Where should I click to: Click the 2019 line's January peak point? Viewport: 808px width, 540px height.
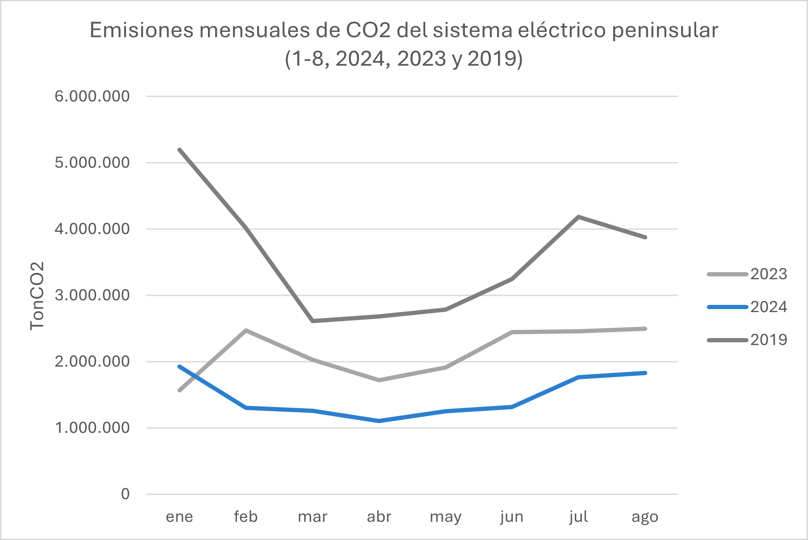point(179,150)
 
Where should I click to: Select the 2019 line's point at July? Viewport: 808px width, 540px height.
point(578,217)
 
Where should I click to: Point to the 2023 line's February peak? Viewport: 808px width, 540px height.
point(246,330)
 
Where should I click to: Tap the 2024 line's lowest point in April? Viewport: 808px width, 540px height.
point(379,421)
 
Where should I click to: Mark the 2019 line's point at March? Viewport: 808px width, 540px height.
point(313,321)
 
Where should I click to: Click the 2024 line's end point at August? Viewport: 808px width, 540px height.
point(645,373)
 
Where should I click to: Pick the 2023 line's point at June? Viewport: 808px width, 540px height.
point(512,332)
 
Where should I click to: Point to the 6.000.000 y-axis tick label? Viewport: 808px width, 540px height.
point(92,96)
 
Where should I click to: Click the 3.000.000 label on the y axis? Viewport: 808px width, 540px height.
point(92,295)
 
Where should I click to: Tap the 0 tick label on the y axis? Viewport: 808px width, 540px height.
point(125,494)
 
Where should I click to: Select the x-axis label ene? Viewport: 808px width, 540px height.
point(179,517)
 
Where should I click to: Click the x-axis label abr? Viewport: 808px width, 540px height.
point(379,517)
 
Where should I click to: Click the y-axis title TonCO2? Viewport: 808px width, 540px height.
point(37,296)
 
